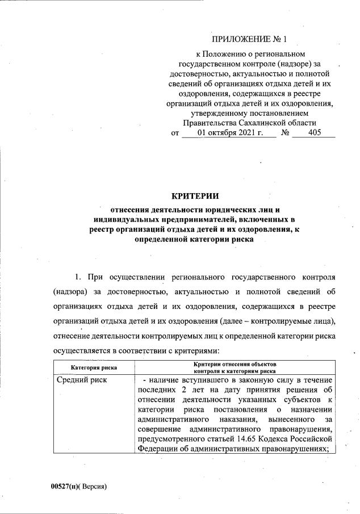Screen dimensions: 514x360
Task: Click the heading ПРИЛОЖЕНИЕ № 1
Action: (250, 40)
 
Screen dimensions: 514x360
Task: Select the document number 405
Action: (314, 133)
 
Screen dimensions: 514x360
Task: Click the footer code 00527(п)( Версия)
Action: (79, 487)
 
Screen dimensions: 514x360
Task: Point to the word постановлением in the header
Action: (289, 113)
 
